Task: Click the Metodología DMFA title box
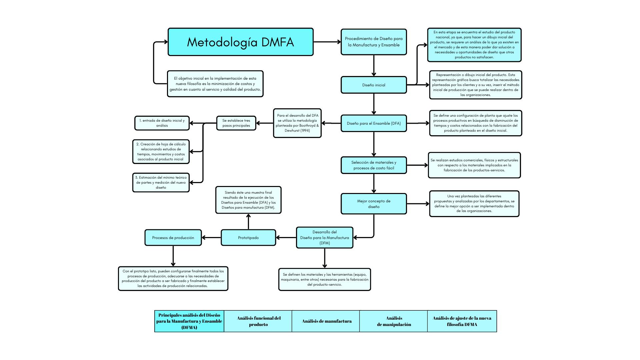point(240,42)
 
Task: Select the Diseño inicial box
point(374,85)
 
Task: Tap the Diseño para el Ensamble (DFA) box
point(374,123)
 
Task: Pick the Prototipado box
point(248,238)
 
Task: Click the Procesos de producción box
point(173,238)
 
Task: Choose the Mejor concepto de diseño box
point(374,204)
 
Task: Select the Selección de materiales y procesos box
point(374,165)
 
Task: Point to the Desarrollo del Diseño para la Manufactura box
point(324,238)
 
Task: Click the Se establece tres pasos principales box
point(236,123)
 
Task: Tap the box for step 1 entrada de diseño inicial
point(162,123)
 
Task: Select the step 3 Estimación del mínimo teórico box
point(161,182)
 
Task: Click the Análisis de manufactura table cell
point(326,321)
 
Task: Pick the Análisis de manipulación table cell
point(394,321)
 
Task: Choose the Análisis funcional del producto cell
point(258,321)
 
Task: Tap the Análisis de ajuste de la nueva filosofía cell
point(462,321)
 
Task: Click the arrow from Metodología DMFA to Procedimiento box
point(327,42)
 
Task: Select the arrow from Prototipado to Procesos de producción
point(211,238)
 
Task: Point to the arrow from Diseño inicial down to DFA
point(374,104)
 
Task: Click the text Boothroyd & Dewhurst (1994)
point(297,128)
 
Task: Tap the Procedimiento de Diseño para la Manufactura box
point(374,42)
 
